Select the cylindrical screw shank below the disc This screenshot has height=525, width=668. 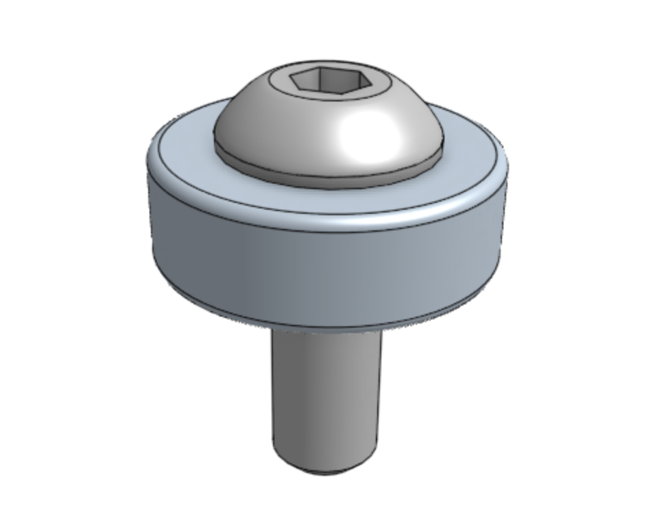[322, 398]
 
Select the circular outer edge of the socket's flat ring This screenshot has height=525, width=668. [329, 106]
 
